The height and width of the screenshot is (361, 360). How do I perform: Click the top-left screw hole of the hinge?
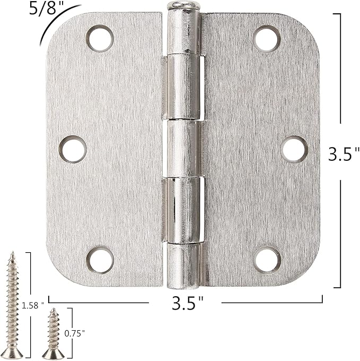coord(100,38)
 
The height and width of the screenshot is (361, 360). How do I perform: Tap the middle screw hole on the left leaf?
coord(73,149)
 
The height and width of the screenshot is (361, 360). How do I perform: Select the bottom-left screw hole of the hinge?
coord(100,260)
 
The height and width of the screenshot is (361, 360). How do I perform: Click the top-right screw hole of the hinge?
coord(267,38)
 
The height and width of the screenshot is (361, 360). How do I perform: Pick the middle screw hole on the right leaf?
coord(294,149)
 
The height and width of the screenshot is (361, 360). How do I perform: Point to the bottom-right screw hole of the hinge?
coord(267,260)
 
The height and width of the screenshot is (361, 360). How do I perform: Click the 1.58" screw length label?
coord(32,306)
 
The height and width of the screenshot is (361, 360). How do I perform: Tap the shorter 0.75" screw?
coord(54,332)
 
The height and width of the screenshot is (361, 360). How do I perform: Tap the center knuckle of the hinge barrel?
coord(183,149)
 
